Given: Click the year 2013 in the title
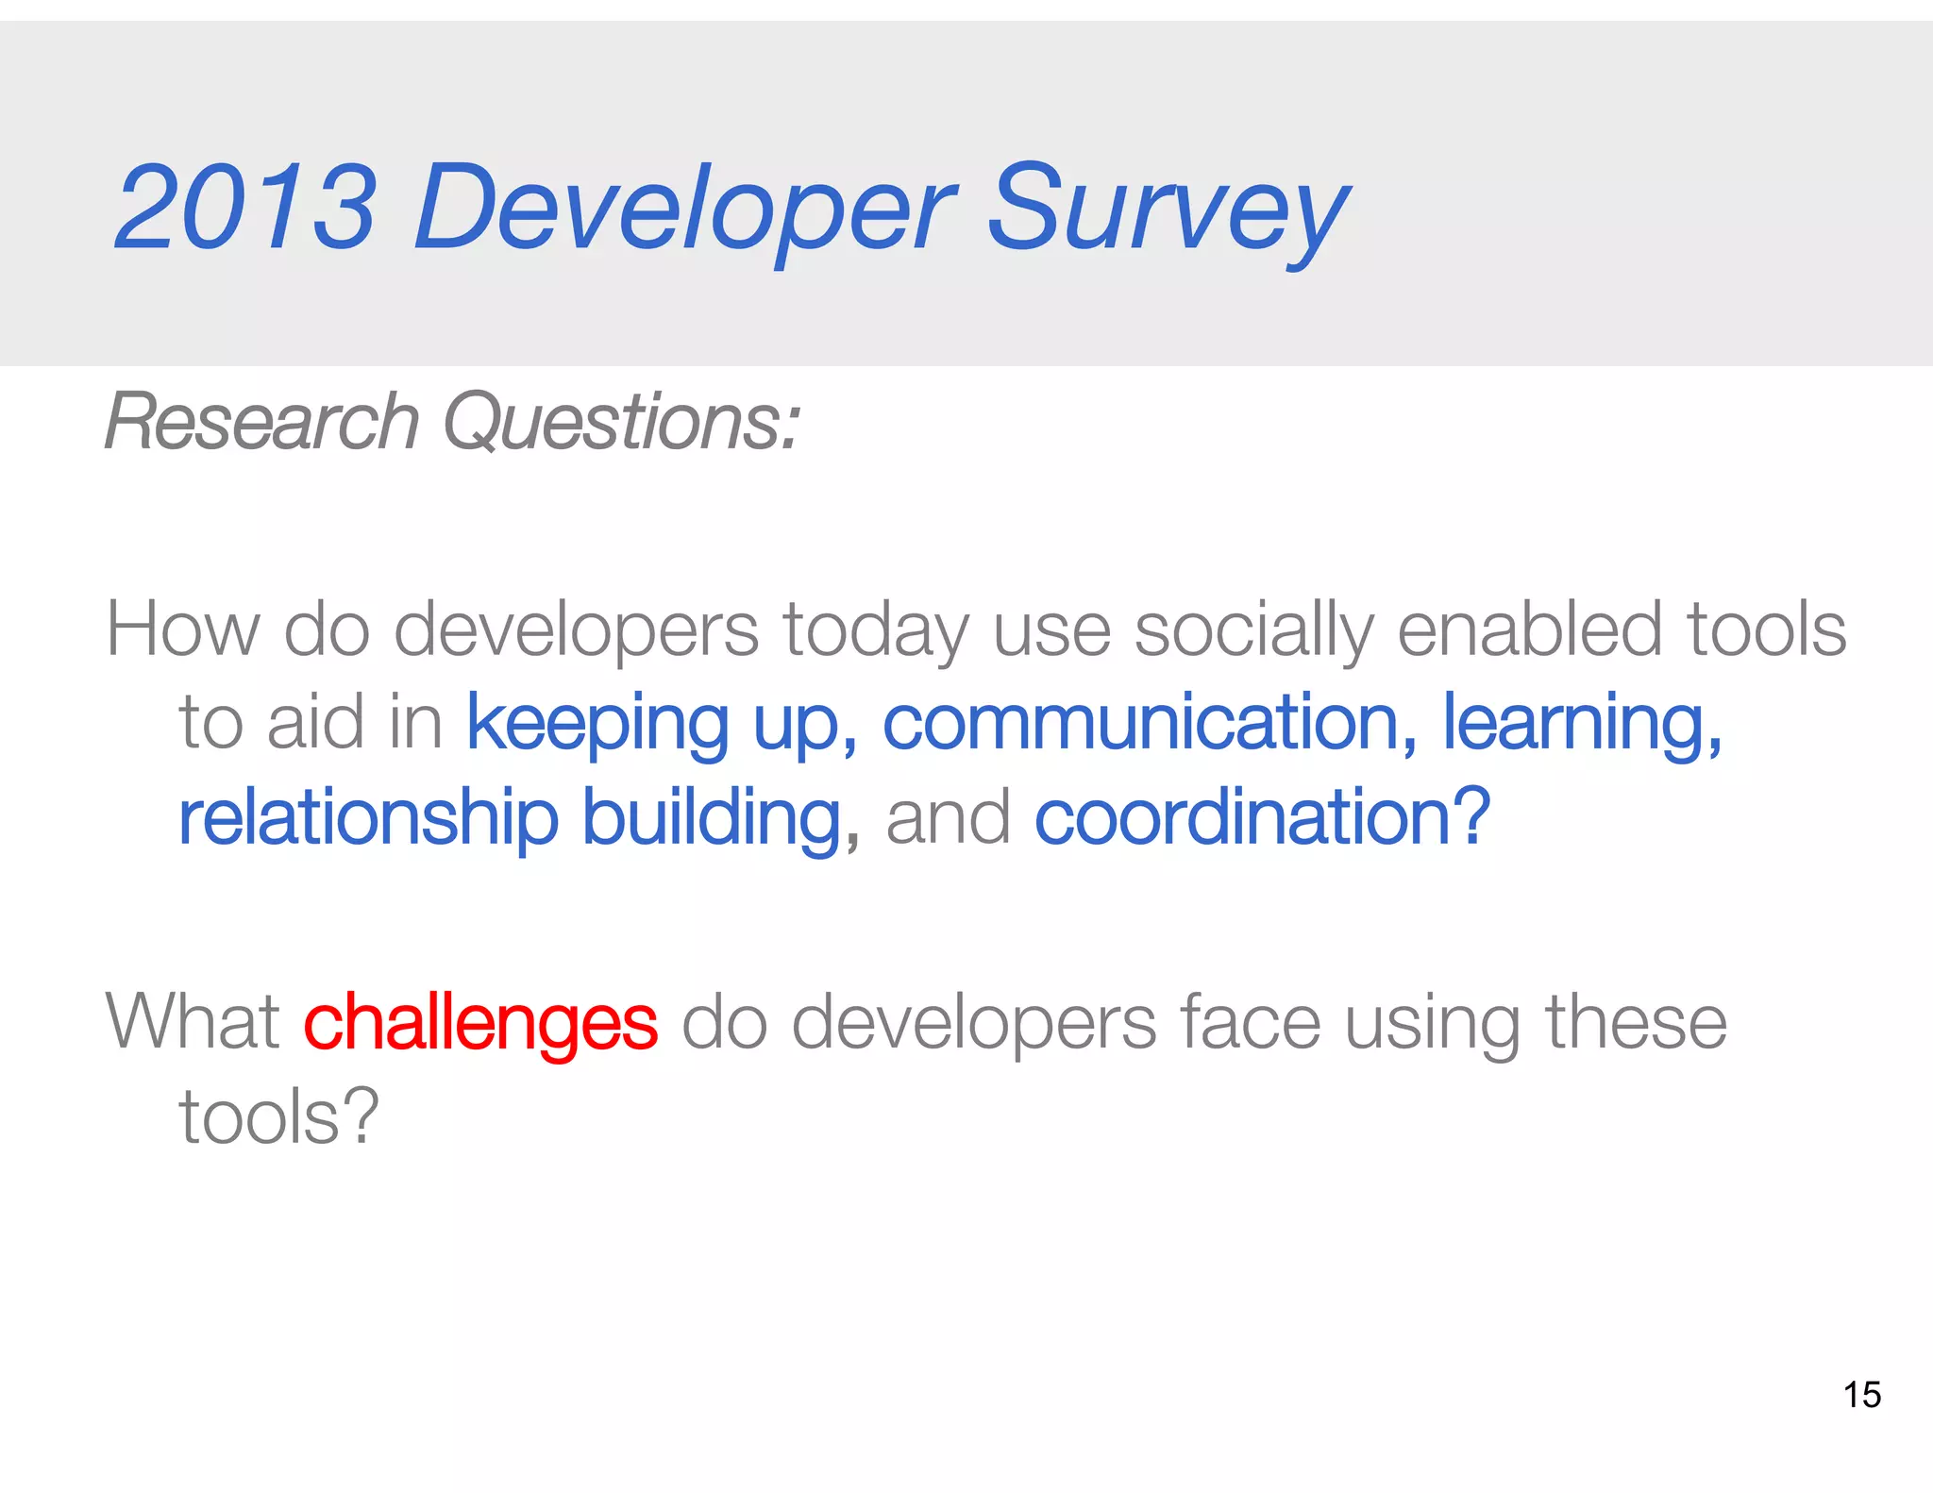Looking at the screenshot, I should (245, 208).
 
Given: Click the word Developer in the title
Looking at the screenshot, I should (684, 210).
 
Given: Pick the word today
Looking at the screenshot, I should (876, 630).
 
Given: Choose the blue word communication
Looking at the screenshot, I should (1140, 723).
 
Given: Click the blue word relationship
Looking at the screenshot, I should (369, 817).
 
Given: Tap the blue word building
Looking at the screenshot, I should (711, 817).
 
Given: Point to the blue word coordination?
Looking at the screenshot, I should (1263, 817).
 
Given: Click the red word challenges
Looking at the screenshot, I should (480, 1023).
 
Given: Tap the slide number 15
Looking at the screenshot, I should (1861, 1395).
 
